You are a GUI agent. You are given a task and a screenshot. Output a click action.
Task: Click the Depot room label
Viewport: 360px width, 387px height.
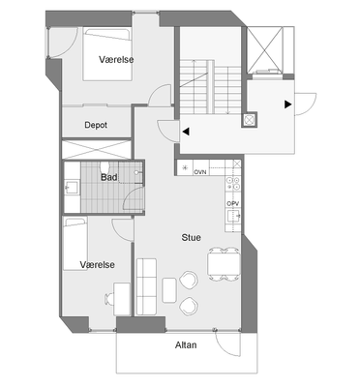click(x=96, y=125)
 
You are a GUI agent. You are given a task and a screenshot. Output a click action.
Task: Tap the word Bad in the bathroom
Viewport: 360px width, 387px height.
click(x=109, y=177)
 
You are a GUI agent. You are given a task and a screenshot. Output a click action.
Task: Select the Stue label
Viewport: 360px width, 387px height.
click(x=192, y=238)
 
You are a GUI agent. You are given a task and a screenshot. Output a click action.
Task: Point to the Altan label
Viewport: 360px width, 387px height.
click(x=186, y=345)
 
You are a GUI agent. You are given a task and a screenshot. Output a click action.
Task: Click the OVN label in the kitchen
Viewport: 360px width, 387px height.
click(x=200, y=172)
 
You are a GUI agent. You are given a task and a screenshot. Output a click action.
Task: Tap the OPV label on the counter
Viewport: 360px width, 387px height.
click(x=233, y=204)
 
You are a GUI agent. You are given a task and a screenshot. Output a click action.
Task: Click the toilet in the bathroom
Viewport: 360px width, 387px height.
click(x=105, y=166)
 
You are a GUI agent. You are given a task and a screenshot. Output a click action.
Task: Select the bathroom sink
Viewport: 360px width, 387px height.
click(x=72, y=188)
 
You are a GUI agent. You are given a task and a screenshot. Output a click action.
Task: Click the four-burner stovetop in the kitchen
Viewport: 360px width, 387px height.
click(x=233, y=184)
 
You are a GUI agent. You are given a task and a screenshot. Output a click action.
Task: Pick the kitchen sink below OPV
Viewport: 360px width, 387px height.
click(x=233, y=216)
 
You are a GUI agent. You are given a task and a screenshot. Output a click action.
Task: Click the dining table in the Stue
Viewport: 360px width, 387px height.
click(x=225, y=264)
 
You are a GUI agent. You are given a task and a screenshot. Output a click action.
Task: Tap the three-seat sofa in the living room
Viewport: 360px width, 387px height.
click(x=147, y=286)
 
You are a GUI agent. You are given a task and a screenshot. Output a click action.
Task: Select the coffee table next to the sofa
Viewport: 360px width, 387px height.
click(x=169, y=290)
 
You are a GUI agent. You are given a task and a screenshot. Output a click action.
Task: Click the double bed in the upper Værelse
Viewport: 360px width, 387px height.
click(x=107, y=54)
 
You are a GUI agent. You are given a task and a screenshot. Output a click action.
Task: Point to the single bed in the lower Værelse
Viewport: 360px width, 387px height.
click(x=75, y=244)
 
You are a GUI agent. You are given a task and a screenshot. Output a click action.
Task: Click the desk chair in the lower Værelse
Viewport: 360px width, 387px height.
click(x=109, y=299)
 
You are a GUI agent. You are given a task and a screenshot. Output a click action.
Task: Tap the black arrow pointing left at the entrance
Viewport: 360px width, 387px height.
click(x=186, y=132)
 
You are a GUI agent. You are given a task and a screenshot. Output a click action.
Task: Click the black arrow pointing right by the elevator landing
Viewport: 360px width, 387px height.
click(x=288, y=104)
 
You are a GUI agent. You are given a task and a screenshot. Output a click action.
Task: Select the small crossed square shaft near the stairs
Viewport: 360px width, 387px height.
click(x=250, y=120)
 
